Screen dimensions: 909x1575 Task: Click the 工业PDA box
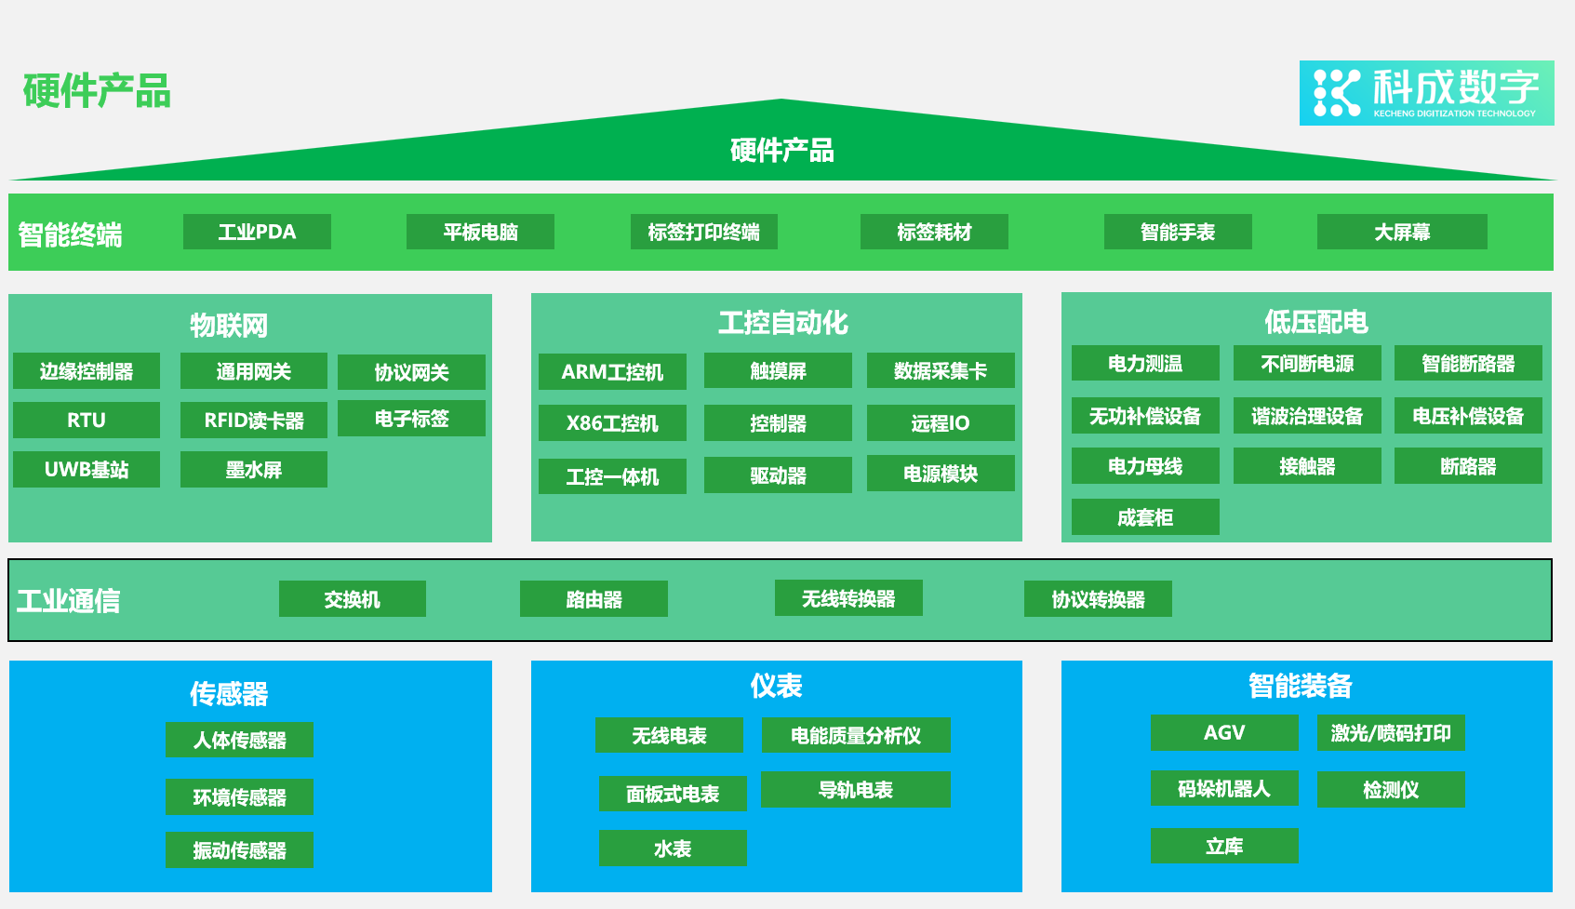pos(257,232)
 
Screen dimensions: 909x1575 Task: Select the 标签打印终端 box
pos(703,232)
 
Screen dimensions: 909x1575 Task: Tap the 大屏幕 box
pos(1401,232)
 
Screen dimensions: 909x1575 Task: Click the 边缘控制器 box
pos(87,371)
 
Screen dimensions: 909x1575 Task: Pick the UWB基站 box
pos(87,469)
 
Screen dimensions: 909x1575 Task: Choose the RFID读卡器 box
pos(254,420)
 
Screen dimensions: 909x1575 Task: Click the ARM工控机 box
pos(612,371)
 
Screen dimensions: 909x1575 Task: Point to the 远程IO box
pos(940,423)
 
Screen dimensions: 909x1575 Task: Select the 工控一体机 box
pos(612,476)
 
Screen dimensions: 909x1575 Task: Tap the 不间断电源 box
pos(1306,363)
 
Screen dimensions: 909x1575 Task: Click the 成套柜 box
pos(1144,517)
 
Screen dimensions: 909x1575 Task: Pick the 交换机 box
pos(352,599)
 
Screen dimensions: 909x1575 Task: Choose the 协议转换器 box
pos(1098,599)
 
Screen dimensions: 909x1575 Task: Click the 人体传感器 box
pos(239,740)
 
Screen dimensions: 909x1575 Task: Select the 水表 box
pos(673,849)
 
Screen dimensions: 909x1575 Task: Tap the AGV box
pos(1223,732)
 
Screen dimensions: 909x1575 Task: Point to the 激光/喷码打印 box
pos(1390,732)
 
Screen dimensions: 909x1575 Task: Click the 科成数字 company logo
pos(1425,93)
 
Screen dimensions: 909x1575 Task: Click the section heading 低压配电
pos(1315,322)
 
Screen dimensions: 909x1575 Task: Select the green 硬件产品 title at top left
pos(97,91)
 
